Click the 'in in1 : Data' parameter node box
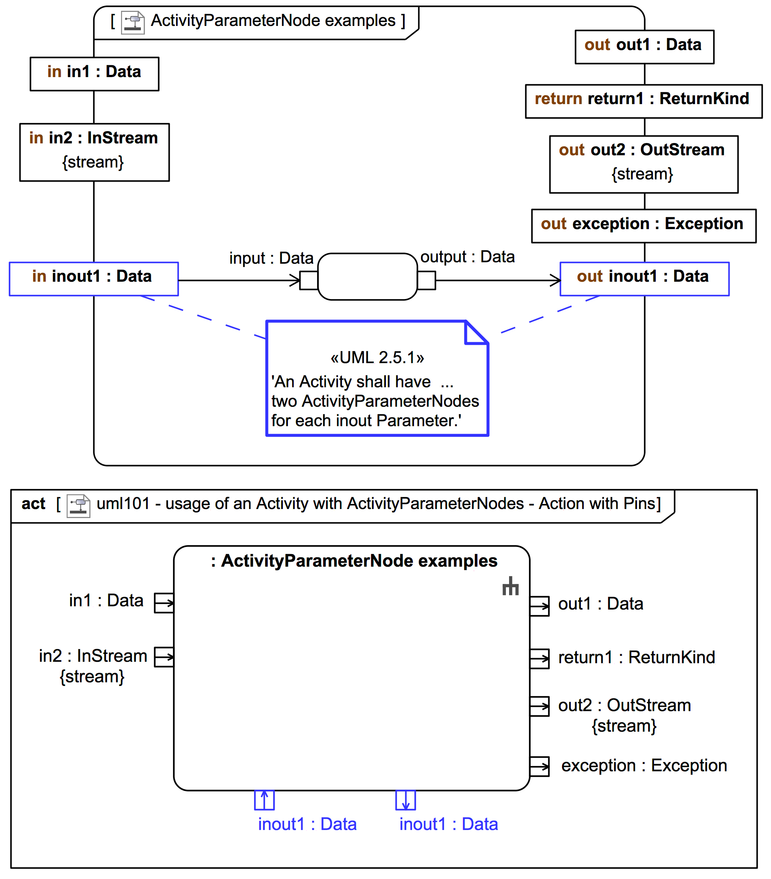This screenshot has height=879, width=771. coord(94,73)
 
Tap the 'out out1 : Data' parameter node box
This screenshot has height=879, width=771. coord(644,47)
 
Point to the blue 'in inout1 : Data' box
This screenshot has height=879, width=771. coord(94,279)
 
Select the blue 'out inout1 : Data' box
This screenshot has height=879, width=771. coord(644,279)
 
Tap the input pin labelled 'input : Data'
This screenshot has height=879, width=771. coord(309,280)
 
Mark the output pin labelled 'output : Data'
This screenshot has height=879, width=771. coord(426,280)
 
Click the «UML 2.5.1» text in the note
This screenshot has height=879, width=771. coord(377,357)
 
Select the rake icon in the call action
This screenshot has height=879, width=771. coord(510,586)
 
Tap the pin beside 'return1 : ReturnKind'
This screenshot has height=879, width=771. coord(539,659)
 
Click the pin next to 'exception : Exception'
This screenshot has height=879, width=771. coord(539,766)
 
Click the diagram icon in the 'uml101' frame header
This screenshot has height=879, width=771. coord(78,506)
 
